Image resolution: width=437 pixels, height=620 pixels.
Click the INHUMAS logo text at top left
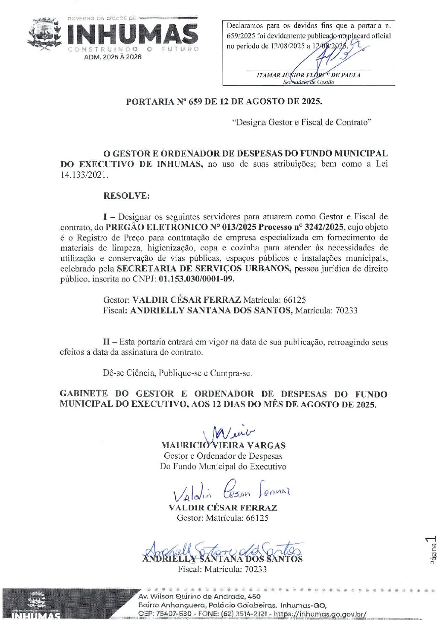click(x=133, y=34)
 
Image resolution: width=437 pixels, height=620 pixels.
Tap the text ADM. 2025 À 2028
click(x=113, y=57)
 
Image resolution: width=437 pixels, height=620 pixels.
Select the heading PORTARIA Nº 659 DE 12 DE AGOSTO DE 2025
click(x=224, y=101)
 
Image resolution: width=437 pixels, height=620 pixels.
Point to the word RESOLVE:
click(x=126, y=196)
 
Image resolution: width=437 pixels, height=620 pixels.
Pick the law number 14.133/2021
click(x=84, y=174)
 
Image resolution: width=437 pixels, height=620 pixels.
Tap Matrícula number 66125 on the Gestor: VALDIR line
click(x=294, y=300)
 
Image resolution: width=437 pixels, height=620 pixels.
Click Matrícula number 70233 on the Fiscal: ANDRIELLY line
click(x=346, y=310)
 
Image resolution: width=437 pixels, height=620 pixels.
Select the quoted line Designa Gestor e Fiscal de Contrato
click(x=302, y=122)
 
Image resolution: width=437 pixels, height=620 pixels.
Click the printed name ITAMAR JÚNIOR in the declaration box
click(x=280, y=75)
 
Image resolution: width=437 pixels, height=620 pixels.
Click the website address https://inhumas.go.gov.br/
click(x=320, y=614)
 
